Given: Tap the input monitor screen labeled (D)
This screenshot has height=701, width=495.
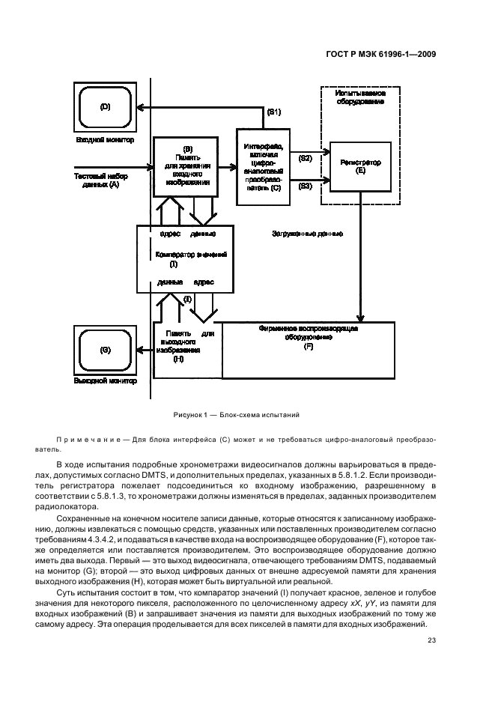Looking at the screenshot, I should (x=104, y=108).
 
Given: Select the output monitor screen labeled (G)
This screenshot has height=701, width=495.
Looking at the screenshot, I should (x=104, y=350).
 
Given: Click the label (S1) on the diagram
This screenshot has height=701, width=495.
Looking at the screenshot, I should (x=274, y=112).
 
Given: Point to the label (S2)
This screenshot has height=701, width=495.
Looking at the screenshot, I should (x=304, y=159).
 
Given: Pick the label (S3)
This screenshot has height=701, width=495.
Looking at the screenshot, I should (x=304, y=185).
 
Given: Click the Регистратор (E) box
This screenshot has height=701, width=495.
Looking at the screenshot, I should (x=360, y=166).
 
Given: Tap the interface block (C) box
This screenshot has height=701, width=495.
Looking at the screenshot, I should (x=262, y=166).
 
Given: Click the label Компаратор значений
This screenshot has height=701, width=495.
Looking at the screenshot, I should (x=185, y=254).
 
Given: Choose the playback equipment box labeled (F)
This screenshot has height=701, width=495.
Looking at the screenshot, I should (x=308, y=349).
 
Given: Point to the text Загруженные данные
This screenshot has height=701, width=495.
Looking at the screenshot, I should (x=307, y=234).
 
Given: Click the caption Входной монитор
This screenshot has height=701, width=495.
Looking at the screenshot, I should (x=104, y=139).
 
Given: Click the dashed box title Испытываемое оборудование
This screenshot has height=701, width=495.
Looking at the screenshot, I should (x=360, y=96).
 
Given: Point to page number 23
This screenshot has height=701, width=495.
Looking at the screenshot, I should (x=431, y=640).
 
